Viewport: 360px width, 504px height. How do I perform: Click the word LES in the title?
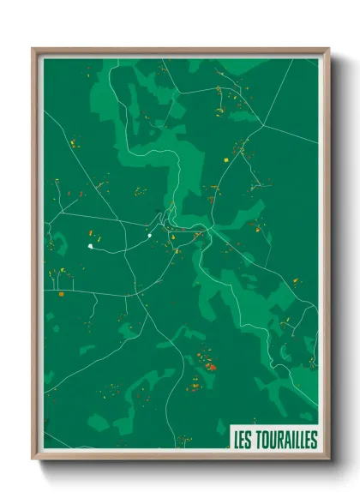[x=244, y=440]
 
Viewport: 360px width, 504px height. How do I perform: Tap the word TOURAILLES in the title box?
[x=286, y=440]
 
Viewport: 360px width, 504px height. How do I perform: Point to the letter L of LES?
[x=237, y=440]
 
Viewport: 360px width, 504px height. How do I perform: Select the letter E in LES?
[x=244, y=440]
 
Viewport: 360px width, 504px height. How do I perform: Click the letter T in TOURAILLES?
[x=258, y=440]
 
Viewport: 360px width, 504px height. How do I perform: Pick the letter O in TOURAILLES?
[x=265, y=440]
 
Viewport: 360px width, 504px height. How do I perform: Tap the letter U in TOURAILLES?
[x=273, y=440]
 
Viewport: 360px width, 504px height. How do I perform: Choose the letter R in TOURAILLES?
[x=280, y=440]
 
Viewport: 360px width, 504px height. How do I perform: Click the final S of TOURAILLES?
[x=314, y=440]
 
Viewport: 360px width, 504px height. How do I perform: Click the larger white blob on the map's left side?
[x=89, y=246]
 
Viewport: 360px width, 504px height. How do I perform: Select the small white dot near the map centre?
[x=149, y=235]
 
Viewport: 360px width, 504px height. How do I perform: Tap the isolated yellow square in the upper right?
[x=226, y=159]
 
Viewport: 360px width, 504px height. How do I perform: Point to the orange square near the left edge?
[x=62, y=295]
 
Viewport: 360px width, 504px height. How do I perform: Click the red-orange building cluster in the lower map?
[x=211, y=366]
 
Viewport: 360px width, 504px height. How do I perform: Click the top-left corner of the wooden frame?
[x=33, y=49]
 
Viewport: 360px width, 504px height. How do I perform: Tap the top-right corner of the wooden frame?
[x=329, y=49]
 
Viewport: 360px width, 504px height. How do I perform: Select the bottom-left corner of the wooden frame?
[x=33, y=460]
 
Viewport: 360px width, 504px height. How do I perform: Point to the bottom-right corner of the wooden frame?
[x=329, y=460]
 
